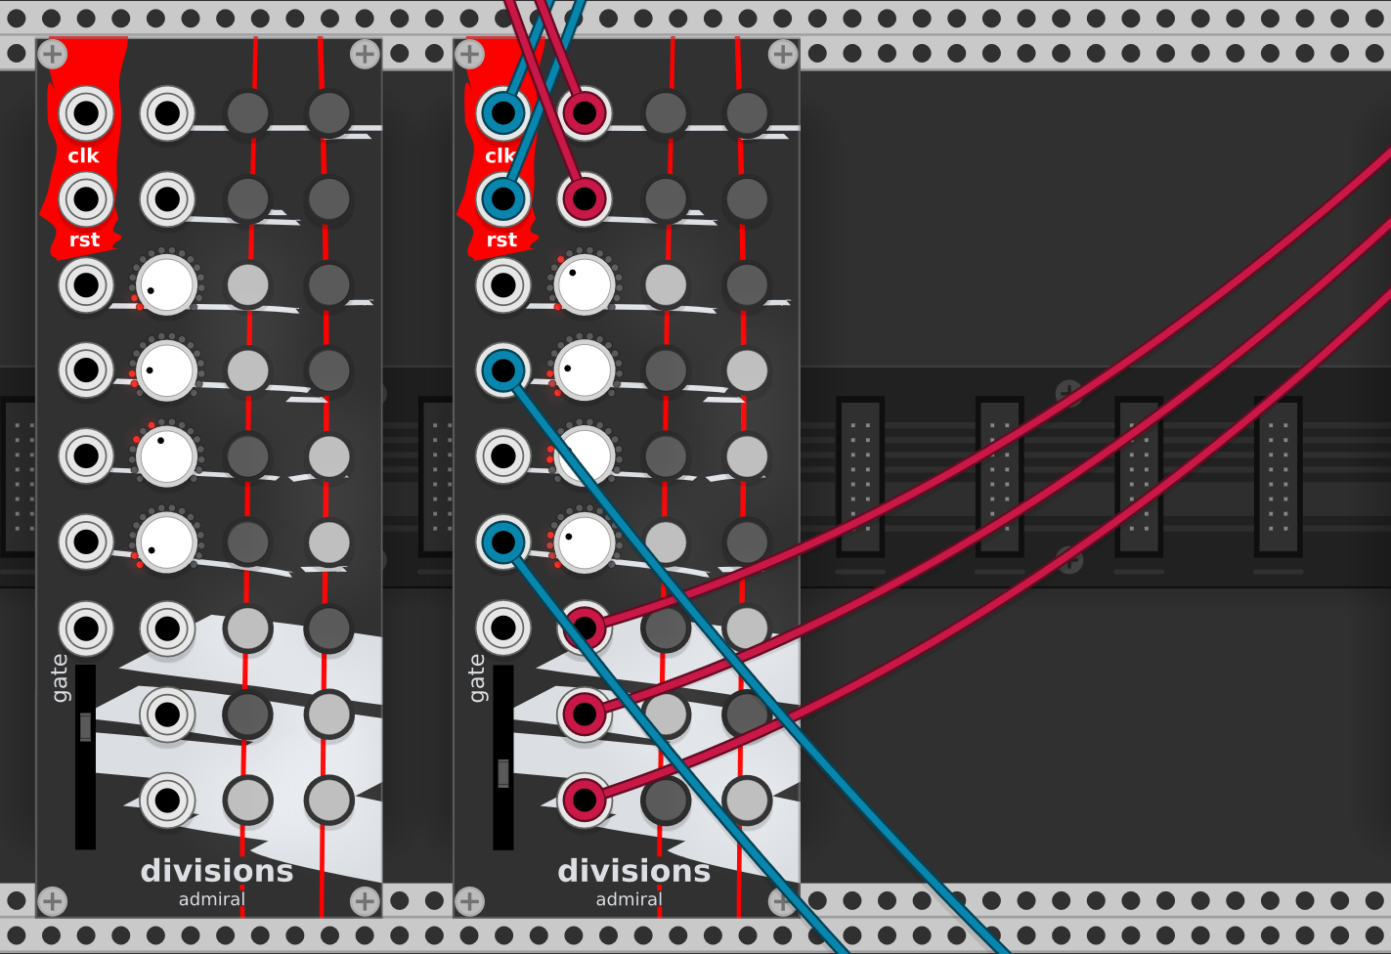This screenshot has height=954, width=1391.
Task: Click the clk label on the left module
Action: pos(83,155)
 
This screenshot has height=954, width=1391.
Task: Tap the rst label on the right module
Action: pos(501,239)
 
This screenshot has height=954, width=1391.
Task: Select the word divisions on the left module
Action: pos(217,870)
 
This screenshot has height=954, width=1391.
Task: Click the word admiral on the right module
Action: pos(629,899)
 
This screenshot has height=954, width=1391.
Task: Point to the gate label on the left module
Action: pos(60,677)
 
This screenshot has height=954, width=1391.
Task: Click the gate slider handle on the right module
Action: pos(503,772)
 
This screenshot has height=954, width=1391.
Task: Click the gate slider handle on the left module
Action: pos(86,727)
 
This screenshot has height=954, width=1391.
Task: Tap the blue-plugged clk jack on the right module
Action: pos(503,113)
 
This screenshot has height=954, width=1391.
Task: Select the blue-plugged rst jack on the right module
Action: pos(503,198)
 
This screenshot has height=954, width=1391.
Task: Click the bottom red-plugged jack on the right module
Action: pos(585,801)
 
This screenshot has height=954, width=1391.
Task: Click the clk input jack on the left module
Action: pos(86,113)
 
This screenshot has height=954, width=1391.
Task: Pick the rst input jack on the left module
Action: pos(86,198)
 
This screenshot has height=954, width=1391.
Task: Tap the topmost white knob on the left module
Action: pos(167,284)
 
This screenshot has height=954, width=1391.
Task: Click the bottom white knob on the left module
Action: pos(167,542)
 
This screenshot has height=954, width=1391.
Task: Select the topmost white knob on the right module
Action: pos(585,284)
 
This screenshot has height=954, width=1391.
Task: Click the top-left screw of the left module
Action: pos(53,55)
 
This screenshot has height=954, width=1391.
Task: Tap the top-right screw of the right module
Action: pos(782,55)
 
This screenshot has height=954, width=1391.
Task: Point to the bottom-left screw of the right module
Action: pos(470,900)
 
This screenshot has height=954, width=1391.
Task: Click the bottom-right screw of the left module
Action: pos(365,900)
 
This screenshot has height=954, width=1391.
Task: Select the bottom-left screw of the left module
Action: pos(53,900)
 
